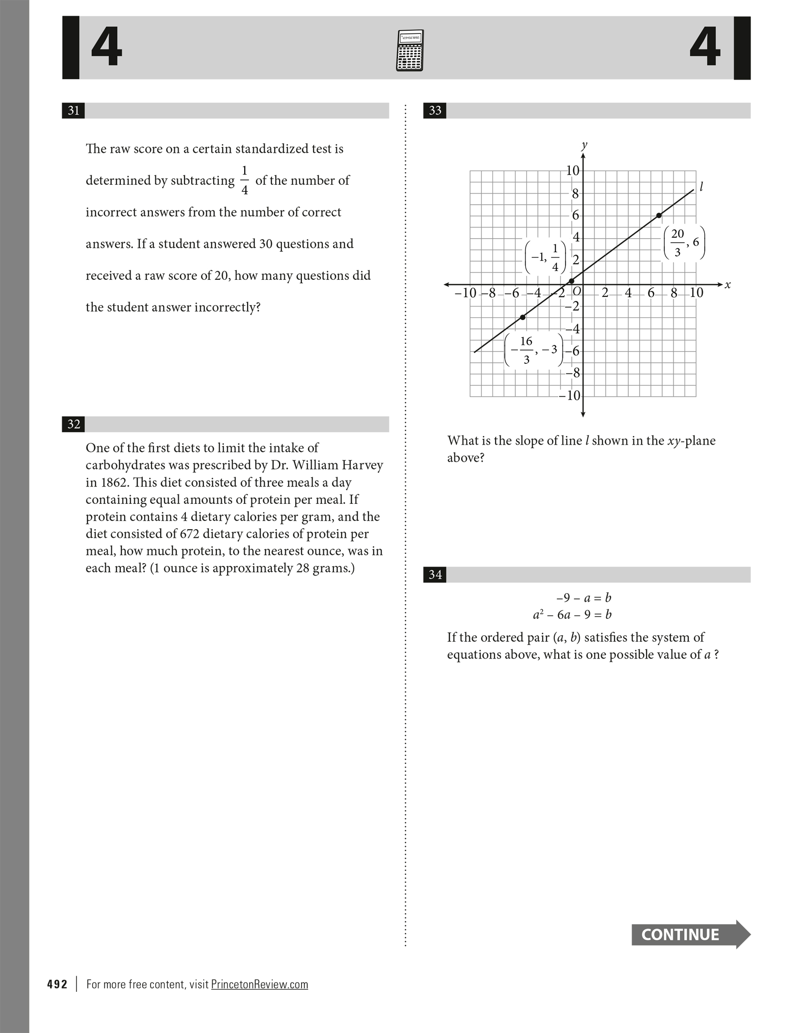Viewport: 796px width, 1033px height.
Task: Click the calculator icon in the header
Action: pyautogui.click(x=410, y=50)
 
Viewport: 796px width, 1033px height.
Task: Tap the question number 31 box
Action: pyautogui.click(x=73, y=111)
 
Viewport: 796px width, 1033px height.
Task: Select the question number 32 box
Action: pyautogui.click(x=73, y=424)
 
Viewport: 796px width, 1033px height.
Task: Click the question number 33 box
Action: pyautogui.click(x=435, y=111)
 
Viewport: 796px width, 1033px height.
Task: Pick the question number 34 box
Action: pyautogui.click(x=435, y=575)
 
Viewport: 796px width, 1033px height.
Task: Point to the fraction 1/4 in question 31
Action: pyautogui.click(x=244, y=180)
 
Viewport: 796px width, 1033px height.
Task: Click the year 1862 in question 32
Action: pyautogui.click(x=114, y=483)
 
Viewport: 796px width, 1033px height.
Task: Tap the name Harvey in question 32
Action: pyautogui.click(x=363, y=465)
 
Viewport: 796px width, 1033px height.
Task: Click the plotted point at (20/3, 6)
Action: pyautogui.click(x=659, y=215)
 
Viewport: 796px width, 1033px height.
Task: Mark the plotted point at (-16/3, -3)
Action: pyautogui.click(x=523, y=317)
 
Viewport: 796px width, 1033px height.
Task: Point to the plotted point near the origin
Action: pyautogui.click(x=571, y=281)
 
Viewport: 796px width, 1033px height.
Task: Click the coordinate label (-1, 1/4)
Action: pyautogui.click(x=545, y=258)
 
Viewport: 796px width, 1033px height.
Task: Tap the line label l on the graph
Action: pyautogui.click(x=701, y=186)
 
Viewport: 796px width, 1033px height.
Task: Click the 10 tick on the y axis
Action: pyautogui.click(x=573, y=171)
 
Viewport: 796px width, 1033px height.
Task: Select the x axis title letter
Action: pyautogui.click(x=727, y=286)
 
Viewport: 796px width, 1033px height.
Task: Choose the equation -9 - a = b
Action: pyautogui.click(x=584, y=598)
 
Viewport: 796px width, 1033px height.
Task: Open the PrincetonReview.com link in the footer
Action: pyautogui.click(x=259, y=985)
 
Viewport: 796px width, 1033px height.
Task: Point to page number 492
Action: pyautogui.click(x=57, y=985)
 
